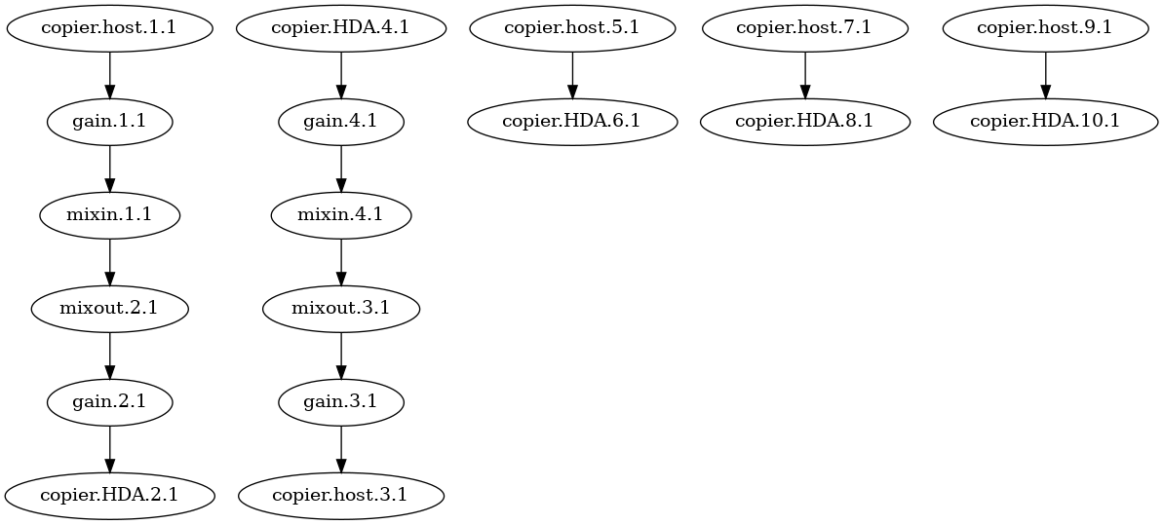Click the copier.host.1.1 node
point(109,28)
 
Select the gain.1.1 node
point(109,122)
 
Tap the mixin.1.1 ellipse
point(109,215)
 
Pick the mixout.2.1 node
point(109,309)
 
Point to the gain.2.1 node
point(109,401)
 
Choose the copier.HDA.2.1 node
point(109,495)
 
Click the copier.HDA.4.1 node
point(341,28)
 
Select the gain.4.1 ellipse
point(341,122)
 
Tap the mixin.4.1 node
point(341,215)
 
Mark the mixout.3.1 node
point(341,309)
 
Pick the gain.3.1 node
point(341,401)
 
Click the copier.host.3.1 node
point(341,495)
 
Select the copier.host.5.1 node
point(572,28)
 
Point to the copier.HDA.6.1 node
point(572,122)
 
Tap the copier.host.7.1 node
point(804,28)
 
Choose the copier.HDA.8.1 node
point(804,122)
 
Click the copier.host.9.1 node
point(1045,28)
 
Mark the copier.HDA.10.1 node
point(1045,122)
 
